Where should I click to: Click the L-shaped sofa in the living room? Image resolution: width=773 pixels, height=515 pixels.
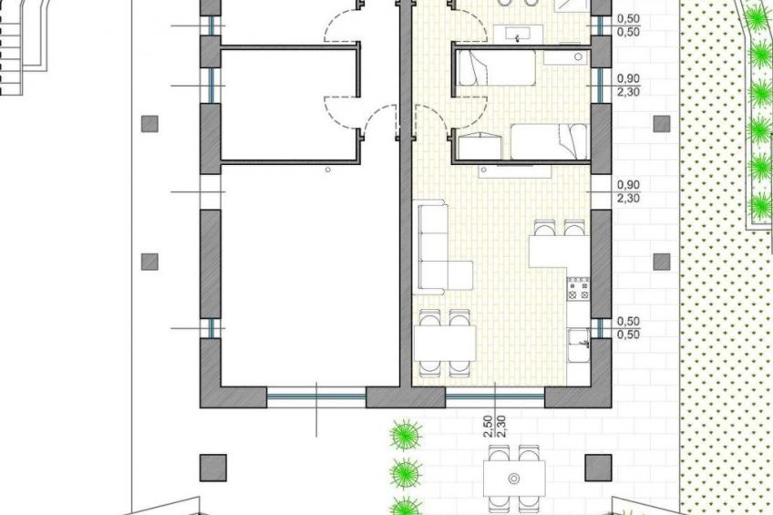click(434, 256)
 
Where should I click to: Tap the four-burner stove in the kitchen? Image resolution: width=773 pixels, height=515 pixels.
click(579, 289)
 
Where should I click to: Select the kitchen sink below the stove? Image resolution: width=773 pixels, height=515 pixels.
click(579, 345)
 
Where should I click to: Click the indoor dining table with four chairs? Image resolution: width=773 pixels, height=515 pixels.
click(445, 344)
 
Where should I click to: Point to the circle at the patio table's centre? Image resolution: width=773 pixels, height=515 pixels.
click(514, 478)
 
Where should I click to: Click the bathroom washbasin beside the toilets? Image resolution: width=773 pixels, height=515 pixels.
click(518, 35)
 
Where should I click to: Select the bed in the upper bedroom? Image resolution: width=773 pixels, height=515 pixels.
click(497, 68)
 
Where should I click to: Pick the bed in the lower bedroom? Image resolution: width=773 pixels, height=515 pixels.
click(549, 141)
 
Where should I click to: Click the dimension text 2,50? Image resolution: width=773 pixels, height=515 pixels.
click(488, 425)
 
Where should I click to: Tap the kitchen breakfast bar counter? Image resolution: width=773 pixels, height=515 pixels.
click(559, 252)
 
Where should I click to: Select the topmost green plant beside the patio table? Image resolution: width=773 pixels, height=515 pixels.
click(406, 435)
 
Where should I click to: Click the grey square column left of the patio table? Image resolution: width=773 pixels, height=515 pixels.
click(213, 468)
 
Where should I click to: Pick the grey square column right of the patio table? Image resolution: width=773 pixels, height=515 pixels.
click(599, 468)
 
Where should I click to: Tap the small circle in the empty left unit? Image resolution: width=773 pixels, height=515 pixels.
click(328, 170)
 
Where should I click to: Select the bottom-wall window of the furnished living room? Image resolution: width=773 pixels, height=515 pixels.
click(495, 397)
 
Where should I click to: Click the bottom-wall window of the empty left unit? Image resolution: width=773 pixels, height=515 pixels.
click(316, 397)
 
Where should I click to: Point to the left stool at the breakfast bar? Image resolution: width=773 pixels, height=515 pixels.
click(543, 228)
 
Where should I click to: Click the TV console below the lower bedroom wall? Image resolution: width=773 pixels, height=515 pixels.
click(515, 171)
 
